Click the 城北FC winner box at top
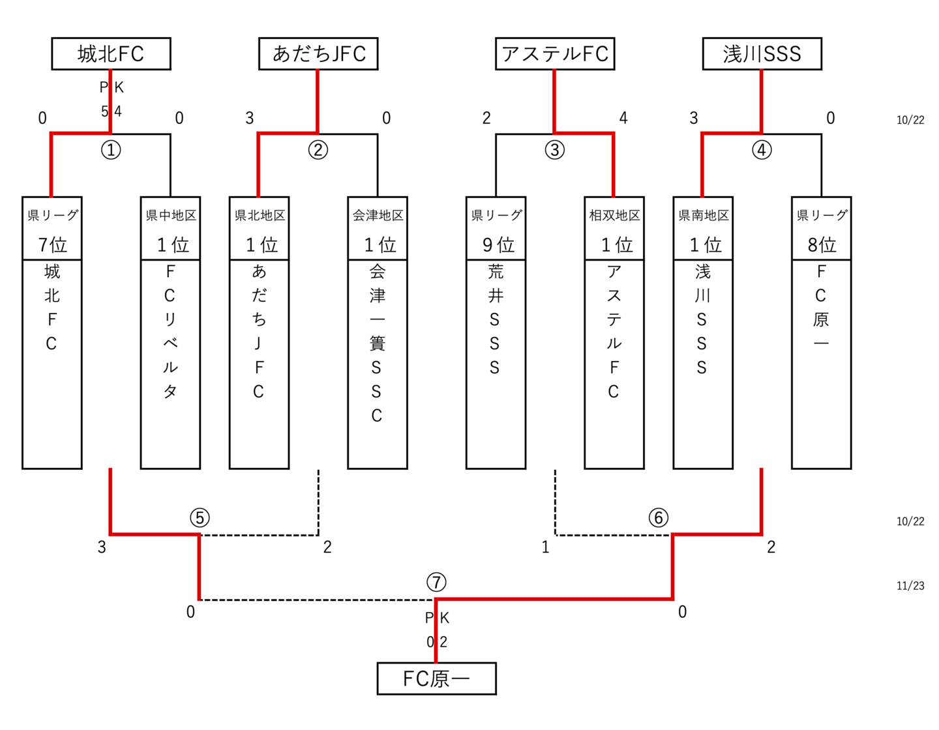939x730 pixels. pyautogui.click(x=111, y=53)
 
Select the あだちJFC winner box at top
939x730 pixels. pyautogui.click(x=318, y=53)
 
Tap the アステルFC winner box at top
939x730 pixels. pyautogui.click(x=555, y=53)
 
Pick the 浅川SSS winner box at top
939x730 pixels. pyautogui.click(x=762, y=53)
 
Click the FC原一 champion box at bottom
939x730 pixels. pyautogui.click(x=436, y=679)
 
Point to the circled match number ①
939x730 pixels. pyautogui.click(x=111, y=150)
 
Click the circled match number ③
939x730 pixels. pyautogui.click(x=555, y=150)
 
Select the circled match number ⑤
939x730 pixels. pyautogui.click(x=200, y=518)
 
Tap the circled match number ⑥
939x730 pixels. pyautogui.click(x=659, y=518)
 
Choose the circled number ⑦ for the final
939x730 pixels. pyautogui.click(x=436, y=581)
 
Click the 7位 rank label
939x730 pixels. pyautogui.click(x=52, y=244)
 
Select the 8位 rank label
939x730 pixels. pyautogui.click(x=822, y=244)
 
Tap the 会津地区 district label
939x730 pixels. pyautogui.click(x=378, y=215)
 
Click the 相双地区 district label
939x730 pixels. pyautogui.click(x=614, y=215)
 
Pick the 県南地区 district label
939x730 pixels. pyautogui.click(x=703, y=215)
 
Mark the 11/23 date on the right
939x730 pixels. pyautogui.click(x=910, y=585)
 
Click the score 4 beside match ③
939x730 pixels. pyautogui.click(x=623, y=118)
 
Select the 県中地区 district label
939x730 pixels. pyautogui.click(x=171, y=215)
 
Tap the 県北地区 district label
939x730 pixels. pyautogui.click(x=260, y=215)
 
